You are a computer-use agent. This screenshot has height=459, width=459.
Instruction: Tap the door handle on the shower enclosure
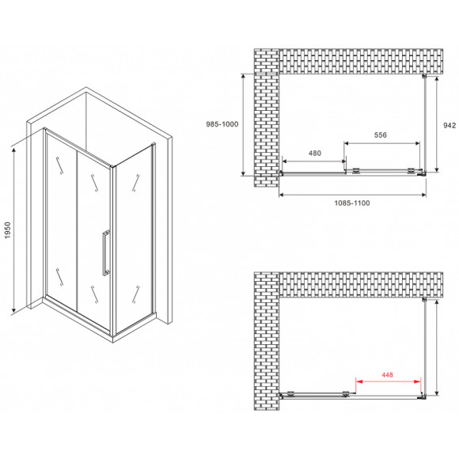click(x=104, y=252)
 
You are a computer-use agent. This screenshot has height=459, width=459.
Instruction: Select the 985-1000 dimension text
click(x=217, y=124)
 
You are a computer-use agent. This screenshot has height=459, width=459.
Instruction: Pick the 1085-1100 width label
click(x=351, y=203)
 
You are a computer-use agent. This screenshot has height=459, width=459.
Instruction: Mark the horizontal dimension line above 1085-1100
click(x=351, y=192)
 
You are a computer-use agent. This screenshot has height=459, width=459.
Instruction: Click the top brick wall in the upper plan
click(x=356, y=61)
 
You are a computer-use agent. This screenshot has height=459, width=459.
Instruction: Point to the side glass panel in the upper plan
click(x=428, y=123)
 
